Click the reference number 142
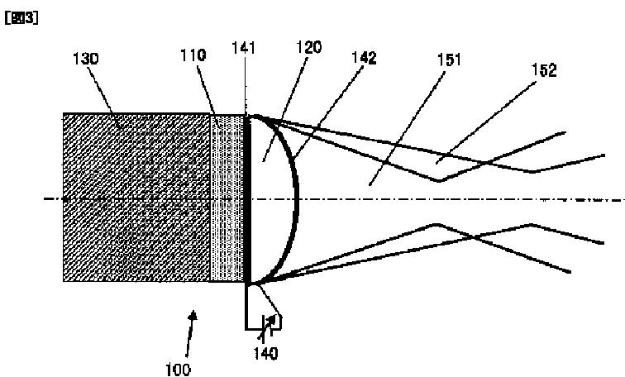365,58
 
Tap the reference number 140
265,354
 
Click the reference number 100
178,369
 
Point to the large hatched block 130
136,198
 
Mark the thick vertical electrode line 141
246,198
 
